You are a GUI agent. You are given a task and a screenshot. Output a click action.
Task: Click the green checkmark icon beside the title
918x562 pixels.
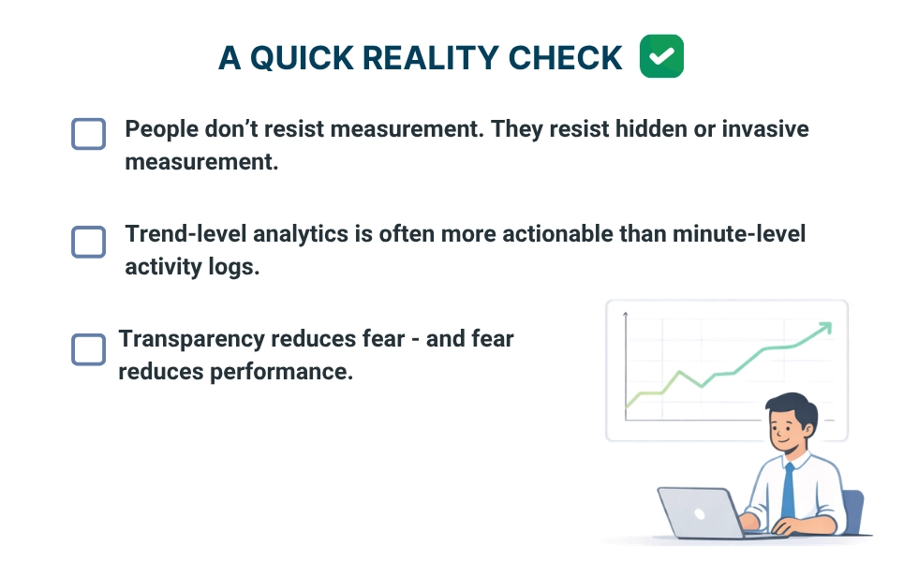pyautogui.click(x=661, y=56)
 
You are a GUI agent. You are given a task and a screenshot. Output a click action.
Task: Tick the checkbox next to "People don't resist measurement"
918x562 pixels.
pyautogui.click(x=88, y=134)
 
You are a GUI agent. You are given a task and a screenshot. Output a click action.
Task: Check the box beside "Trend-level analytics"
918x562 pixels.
pyautogui.click(x=88, y=241)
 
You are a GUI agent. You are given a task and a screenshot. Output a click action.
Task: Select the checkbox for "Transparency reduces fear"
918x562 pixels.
pyautogui.click(x=88, y=349)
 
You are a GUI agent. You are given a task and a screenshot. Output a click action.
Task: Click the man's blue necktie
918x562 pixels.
pyautogui.click(x=789, y=491)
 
